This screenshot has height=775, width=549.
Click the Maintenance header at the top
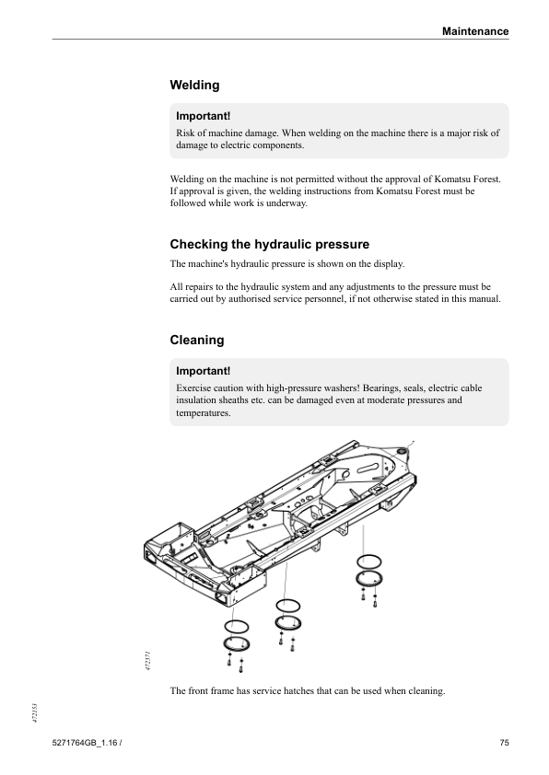(x=474, y=31)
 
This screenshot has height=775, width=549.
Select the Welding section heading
(x=194, y=85)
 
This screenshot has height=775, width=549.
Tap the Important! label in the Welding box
(x=203, y=116)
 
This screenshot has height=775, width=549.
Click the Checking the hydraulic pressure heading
(x=270, y=244)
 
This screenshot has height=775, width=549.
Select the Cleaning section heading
(x=197, y=340)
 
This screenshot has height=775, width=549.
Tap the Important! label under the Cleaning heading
(x=203, y=371)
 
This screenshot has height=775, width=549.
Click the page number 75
(x=504, y=743)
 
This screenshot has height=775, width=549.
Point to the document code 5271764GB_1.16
(x=84, y=743)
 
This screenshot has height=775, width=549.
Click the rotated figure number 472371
(x=148, y=661)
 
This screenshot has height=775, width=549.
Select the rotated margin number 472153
(x=35, y=713)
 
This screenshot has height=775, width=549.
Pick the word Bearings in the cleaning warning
(x=380, y=388)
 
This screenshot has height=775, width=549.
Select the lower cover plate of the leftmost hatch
(x=237, y=644)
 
